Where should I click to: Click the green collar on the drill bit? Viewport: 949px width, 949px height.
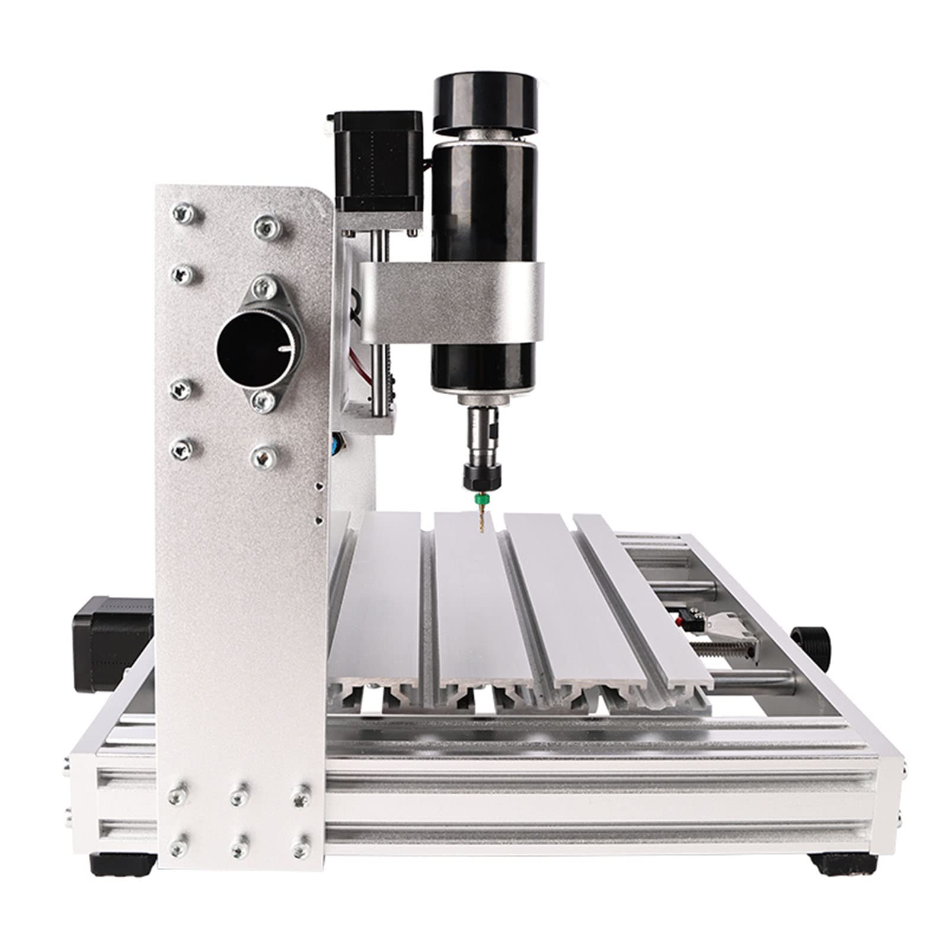point(481,501)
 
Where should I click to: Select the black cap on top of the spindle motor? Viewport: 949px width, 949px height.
point(487,101)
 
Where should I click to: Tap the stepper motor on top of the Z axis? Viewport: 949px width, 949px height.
point(378,160)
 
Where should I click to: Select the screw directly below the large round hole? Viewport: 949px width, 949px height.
point(263,401)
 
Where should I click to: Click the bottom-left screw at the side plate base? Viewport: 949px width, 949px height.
point(177,849)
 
